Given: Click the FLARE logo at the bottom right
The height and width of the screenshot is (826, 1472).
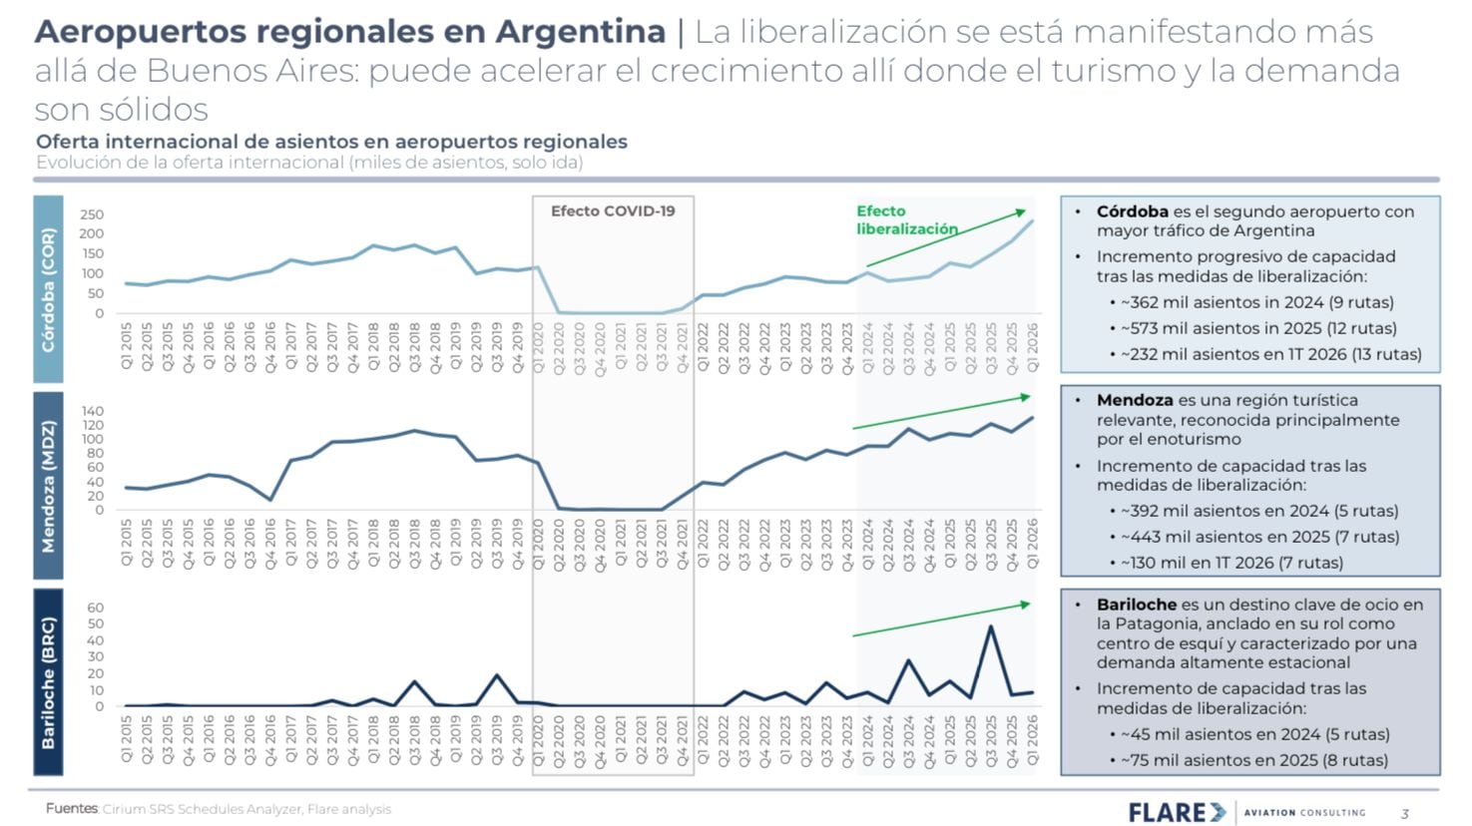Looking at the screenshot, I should point(1177,812).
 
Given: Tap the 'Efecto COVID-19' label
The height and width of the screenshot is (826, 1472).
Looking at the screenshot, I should point(613,210).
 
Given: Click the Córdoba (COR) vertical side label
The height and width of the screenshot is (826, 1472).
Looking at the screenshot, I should point(48,289).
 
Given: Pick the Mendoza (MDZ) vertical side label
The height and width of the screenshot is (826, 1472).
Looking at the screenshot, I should point(48,486).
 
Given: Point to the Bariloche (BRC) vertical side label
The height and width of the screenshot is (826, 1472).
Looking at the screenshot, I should point(48,682).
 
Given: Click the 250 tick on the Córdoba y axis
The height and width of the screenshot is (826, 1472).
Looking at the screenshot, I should point(92,214).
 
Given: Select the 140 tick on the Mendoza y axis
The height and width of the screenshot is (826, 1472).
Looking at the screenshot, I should point(92,411).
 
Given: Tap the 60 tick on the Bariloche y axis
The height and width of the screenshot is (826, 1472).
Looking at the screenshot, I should point(96,608).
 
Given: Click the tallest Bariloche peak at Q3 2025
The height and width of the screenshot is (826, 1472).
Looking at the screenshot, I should point(990,627).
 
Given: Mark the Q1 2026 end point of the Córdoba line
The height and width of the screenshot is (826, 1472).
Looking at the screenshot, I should point(1032,221).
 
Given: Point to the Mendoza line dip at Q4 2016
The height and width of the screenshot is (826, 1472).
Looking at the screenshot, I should point(270,500).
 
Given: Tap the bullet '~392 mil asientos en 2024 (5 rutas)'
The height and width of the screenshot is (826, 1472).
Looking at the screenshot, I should point(1259,511).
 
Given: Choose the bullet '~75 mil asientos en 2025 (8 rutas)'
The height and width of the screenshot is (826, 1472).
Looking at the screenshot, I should point(1253,760).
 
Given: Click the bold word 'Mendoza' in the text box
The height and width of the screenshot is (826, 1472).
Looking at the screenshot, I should point(1135,400).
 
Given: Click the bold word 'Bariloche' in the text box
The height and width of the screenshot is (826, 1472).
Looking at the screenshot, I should point(1137,605).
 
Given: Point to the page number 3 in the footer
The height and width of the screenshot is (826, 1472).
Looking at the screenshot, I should point(1405,814).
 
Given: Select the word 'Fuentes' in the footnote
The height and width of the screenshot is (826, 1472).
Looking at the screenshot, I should point(72,809).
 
